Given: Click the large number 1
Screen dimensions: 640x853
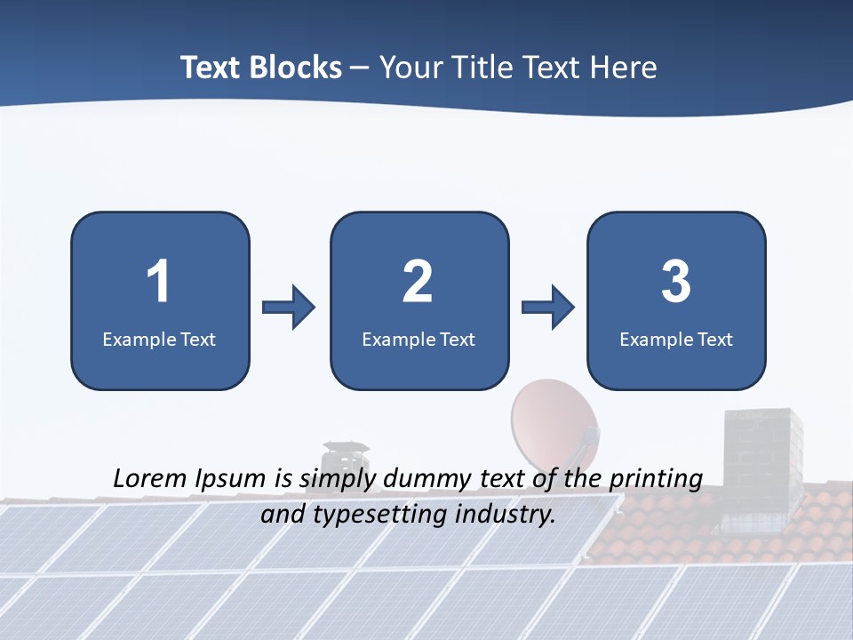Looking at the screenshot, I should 158,282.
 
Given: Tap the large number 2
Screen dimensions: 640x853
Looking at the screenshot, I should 418,282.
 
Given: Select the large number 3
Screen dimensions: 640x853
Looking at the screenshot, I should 676,282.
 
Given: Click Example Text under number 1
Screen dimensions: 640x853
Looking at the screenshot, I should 159,339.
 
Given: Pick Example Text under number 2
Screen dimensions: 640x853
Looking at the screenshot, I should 419,339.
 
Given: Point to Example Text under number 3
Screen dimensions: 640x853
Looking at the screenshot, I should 676,339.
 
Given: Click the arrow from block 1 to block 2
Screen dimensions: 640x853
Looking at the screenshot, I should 289,308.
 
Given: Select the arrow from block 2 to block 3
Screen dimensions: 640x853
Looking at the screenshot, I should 548,308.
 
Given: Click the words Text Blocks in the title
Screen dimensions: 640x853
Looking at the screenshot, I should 261,68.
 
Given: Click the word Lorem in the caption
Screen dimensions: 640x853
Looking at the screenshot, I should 150,478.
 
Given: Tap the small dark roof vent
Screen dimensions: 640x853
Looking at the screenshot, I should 345,454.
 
